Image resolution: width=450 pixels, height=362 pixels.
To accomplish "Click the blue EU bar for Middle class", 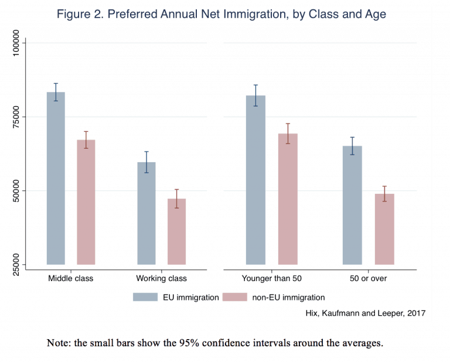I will click(56, 178).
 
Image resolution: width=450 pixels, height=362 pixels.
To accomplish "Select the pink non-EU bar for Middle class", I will click(86, 202).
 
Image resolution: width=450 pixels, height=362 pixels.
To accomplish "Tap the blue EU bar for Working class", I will click(146, 213).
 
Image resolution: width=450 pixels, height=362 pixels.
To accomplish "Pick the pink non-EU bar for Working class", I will click(176, 231).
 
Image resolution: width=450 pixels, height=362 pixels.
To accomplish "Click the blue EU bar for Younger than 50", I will click(255, 180).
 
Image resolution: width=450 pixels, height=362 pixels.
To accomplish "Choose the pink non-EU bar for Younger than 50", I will click(288, 199).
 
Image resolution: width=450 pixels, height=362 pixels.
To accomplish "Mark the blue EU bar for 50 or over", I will click(352, 205).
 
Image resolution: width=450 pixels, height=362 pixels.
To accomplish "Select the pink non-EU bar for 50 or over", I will click(384, 229).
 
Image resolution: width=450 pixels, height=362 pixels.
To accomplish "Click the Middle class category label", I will click(71, 278).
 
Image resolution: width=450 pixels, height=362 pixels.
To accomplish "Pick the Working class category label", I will click(161, 278).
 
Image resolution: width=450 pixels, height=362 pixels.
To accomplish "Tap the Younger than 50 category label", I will click(271, 278).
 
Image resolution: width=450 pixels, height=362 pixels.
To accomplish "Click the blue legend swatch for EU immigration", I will click(144, 297).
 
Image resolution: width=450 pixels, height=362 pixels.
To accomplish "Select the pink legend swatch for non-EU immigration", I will click(233, 297).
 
